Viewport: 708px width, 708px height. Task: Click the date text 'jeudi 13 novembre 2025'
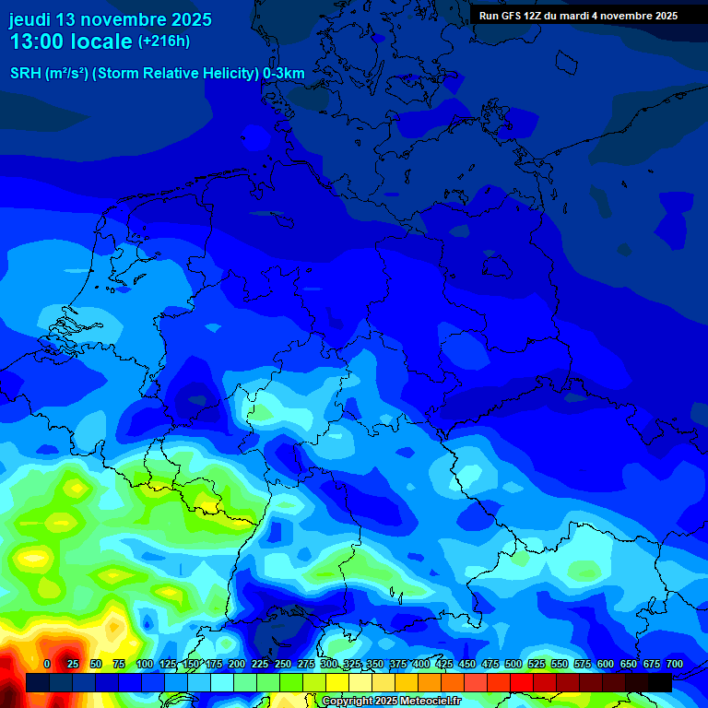pos(110,19)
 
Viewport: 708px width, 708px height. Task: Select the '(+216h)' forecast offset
pos(163,41)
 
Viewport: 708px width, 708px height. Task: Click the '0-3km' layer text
pos(284,74)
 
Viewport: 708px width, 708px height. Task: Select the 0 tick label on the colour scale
pos(47,664)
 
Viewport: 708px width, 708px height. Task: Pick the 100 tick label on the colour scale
pos(145,664)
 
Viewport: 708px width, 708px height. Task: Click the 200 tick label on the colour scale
pos(237,664)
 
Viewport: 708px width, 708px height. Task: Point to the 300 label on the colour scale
pos(329,664)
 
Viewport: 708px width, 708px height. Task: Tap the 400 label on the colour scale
pos(421,664)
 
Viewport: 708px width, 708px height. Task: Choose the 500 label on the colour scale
pos(513,664)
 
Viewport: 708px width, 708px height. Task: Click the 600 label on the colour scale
pos(606,664)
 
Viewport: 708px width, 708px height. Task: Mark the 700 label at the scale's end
pos(675,664)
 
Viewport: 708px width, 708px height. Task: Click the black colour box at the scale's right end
pos(660,682)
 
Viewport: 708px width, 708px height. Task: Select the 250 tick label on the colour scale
pos(283,664)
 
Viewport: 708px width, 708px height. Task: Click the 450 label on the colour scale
pos(467,664)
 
